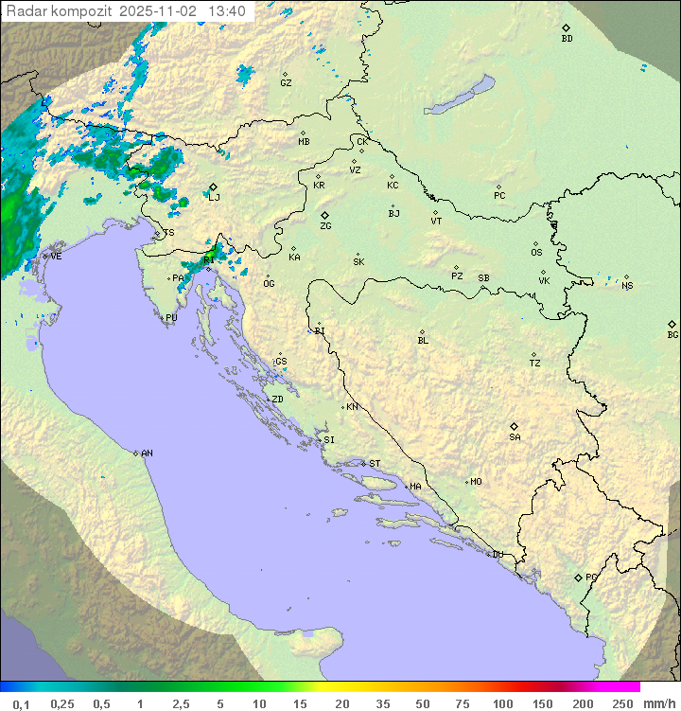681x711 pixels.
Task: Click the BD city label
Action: pos(567,39)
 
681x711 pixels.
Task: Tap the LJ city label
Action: pos(214,197)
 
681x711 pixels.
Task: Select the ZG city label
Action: pos(325,226)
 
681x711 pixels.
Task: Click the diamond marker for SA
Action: pos(515,426)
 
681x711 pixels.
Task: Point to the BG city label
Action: pos(672,334)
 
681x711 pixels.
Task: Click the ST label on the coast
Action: pos(375,464)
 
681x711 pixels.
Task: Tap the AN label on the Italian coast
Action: pos(147,453)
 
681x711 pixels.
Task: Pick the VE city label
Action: pos(56,257)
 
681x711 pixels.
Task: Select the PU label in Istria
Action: pos(171,318)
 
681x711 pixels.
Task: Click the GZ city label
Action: pos(286,83)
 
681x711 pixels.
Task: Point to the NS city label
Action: pos(627,285)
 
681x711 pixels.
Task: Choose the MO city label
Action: pos(476,482)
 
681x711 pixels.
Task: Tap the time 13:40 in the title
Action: pos(227,11)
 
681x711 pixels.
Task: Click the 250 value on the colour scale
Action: pos(622,703)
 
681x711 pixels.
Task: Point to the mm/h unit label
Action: pos(658,703)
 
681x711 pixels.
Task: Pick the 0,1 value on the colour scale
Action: pos(22,703)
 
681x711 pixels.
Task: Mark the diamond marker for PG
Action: pos(578,578)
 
